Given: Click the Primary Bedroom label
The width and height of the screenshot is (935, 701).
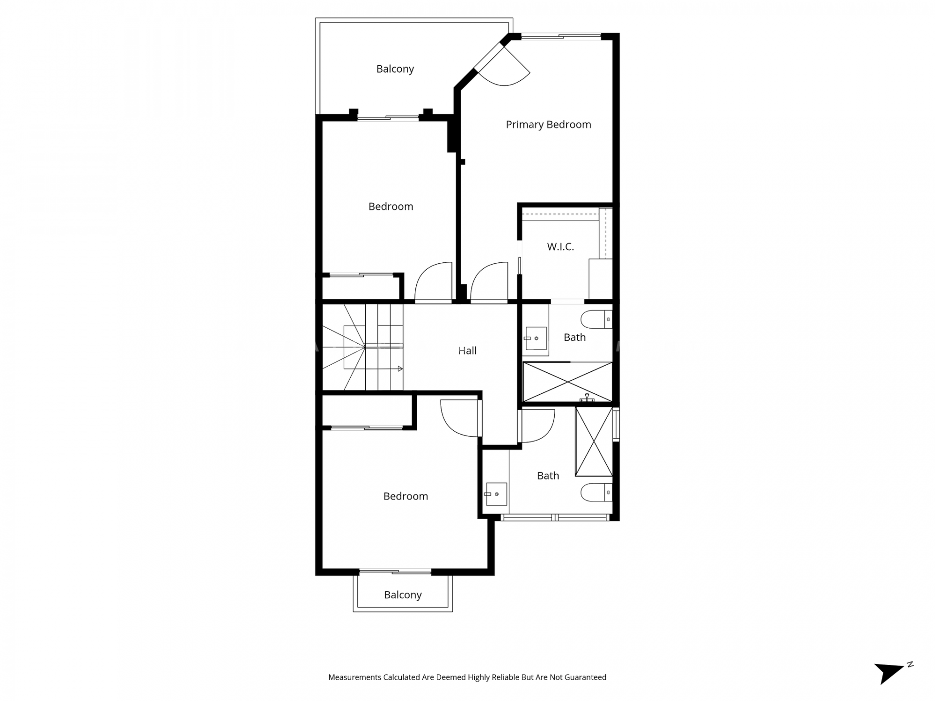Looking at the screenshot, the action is [548, 125].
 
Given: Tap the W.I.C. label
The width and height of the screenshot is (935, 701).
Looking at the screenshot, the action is [561, 247].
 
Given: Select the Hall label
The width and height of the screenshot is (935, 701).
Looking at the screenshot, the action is [467, 350].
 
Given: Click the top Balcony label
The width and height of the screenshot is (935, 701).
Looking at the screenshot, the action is [395, 69].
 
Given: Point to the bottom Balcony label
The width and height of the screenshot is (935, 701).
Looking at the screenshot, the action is [403, 595].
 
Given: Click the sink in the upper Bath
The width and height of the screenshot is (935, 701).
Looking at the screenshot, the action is [536, 338].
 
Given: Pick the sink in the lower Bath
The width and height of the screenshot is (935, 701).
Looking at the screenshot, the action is [496, 494].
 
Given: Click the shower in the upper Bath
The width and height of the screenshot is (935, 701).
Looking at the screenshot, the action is [567, 382].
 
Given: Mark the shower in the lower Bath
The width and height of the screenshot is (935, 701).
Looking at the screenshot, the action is [594, 441].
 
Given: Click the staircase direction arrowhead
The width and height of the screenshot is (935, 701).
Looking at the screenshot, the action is [400, 369].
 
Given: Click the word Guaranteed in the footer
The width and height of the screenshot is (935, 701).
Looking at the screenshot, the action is [585, 677].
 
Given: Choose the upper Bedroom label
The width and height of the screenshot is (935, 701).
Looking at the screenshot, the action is [391, 206].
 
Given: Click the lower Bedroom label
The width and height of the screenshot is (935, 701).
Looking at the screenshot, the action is [406, 496].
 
